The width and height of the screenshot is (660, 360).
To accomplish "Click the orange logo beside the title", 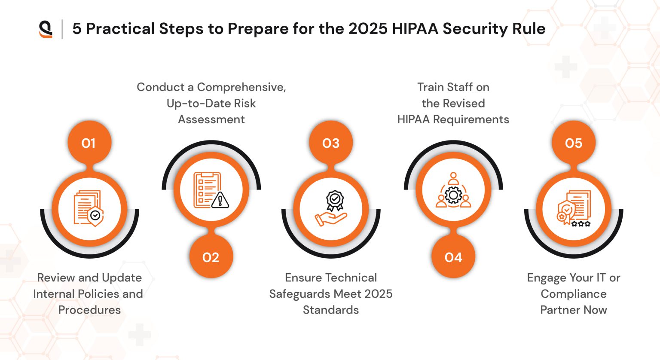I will (x=46, y=29).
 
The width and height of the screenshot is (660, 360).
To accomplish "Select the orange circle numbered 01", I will (x=89, y=143).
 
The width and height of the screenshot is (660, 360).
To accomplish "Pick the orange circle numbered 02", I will (x=211, y=257).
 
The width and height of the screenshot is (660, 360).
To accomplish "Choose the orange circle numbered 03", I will (x=331, y=143).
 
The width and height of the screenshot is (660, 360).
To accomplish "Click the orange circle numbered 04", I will (x=453, y=257).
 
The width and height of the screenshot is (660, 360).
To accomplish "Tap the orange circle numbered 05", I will (x=573, y=143).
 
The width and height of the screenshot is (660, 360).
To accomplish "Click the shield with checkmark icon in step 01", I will (x=95, y=216).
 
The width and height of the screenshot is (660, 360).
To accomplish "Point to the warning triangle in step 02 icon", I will (x=220, y=200).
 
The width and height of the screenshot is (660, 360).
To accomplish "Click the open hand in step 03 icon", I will (x=330, y=219).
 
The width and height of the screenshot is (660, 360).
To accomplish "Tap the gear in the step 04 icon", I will (x=453, y=195).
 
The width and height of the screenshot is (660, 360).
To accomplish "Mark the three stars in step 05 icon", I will (x=581, y=223).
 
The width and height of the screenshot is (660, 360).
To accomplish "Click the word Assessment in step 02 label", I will (x=211, y=119).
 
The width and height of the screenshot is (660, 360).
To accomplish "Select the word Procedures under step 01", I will (x=89, y=310).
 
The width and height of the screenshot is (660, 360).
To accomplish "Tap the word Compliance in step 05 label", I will (x=573, y=294).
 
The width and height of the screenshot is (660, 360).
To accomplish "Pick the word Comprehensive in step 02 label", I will (x=241, y=87).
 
